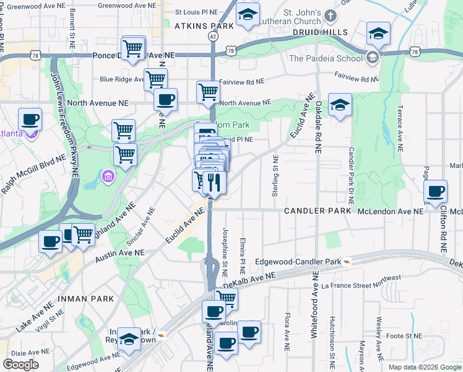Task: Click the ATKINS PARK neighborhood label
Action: tap(204, 27)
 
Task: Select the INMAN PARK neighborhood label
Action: tap(86, 299)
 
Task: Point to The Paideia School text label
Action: tap(325, 59)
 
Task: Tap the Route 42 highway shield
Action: tap(213, 37)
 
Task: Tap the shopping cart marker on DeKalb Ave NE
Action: tap(226, 299)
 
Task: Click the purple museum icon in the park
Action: tap(109, 178)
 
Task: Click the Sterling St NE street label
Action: tap(275, 177)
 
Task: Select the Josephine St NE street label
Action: tap(225, 251)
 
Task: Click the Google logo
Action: tap(21, 365)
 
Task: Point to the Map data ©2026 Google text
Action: tap(424, 367)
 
